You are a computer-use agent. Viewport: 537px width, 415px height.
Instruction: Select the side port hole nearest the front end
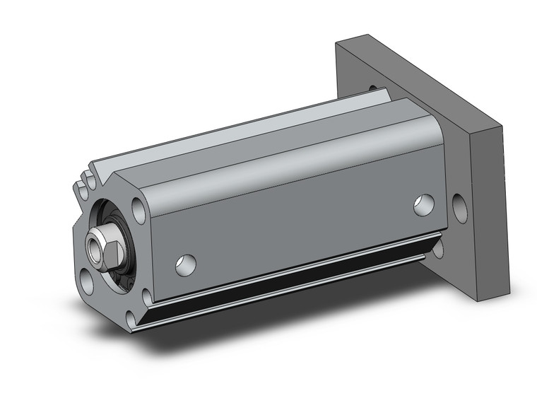click(x=185, y=264)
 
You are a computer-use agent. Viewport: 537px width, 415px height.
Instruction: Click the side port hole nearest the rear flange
click(x=424, y=204)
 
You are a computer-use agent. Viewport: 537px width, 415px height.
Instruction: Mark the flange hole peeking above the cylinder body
click(x=372, y=87)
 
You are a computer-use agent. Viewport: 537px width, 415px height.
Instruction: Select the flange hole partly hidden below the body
click(x=439, y=248)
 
